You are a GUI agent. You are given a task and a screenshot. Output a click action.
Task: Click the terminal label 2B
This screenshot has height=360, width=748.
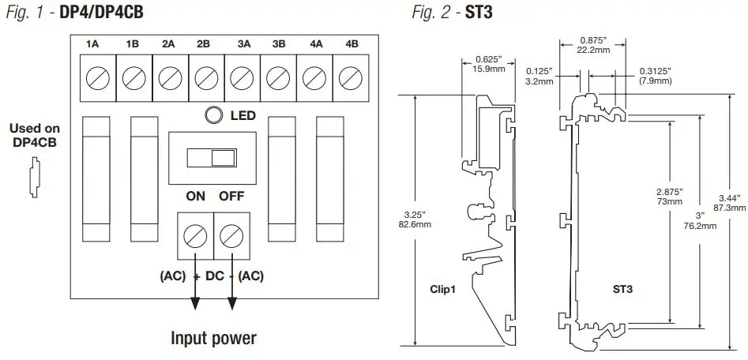pyautogui.click(x=205, y=44)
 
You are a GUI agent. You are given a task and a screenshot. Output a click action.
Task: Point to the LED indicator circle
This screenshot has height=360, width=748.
pyautogui.click(x=213, y=116)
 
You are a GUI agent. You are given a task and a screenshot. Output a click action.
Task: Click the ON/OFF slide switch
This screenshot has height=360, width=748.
pyautogui.click(x=212, y=158)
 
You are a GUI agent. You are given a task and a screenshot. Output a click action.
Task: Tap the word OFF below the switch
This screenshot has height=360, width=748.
pyautogui.click(x=232, y=196)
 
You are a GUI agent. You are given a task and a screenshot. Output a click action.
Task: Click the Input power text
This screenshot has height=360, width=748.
pyautogui.click(x=213, y=339)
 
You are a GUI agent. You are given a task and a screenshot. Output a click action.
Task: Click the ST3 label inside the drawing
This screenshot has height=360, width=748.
pyautogui.click(x=623, y=289)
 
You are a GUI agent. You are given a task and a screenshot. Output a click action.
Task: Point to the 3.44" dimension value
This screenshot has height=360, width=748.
pyautogui.click(x=728, y=202)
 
